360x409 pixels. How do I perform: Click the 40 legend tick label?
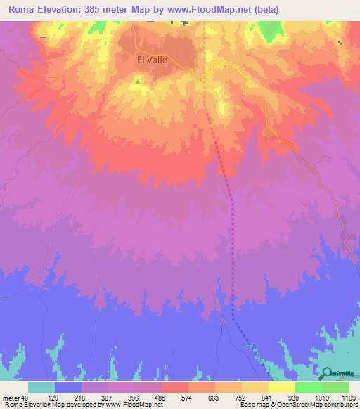click(25, 398)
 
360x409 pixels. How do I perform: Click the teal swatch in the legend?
click(41, 387)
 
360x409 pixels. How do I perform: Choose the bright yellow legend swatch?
click(282, 387)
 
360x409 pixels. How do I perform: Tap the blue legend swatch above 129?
click(68, 387)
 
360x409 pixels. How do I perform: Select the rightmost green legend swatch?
click(335, 387)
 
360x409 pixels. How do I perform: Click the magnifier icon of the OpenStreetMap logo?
click(328, 372)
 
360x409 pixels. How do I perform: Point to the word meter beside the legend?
click(11, 398)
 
